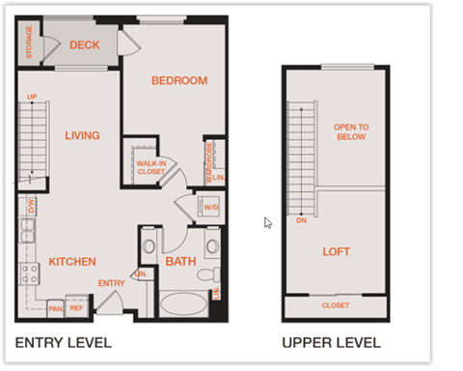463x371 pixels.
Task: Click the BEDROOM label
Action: click(179, 80)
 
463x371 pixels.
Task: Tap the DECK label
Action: click(85, 44)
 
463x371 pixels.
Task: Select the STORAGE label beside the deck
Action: click(29, 43)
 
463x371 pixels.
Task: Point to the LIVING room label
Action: click(83, 135)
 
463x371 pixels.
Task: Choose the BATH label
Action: click(180, 261)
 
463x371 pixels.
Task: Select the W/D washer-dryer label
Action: click(210, 207)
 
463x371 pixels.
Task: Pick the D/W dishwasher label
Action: click(30, 205)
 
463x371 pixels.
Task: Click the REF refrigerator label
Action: click(76, 309)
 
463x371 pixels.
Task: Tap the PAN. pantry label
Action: click(55, 309)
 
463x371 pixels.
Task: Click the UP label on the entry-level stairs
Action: click(32, 98)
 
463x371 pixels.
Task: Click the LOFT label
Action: click(337, 252)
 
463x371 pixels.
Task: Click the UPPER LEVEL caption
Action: click(331, 342)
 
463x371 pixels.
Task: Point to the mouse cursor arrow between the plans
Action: click(268, 222)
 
